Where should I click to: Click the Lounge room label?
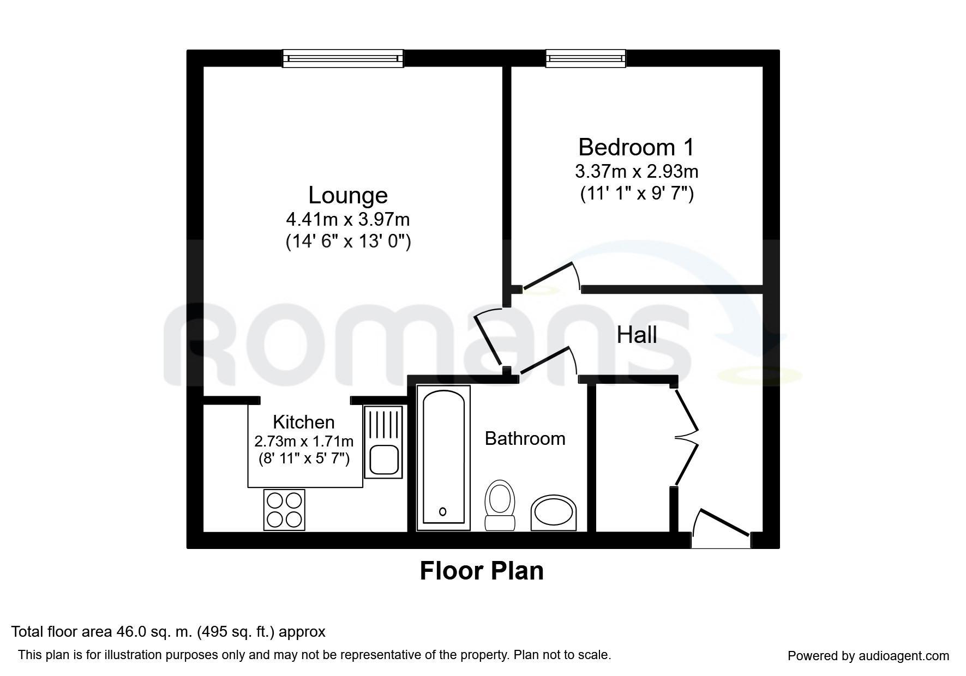(x=348, y=195)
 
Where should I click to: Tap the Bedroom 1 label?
(x=636, y=147)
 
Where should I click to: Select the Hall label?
(x=637, y=335)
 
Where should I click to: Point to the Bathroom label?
(x=525, y=438)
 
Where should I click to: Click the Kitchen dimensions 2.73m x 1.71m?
(x=304, y=441)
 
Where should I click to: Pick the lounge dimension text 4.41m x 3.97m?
(x=348, y=220)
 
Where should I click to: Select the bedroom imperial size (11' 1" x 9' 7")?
(x=637, y=194)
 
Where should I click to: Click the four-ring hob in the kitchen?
(x=284, y=510)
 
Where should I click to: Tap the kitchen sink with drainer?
(x=383, y=442)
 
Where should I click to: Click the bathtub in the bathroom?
(x=443, y=457)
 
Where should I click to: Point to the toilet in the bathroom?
(x=500, y=504)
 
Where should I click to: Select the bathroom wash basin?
(x=554, y=512)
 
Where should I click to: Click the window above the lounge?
(x=343, y=58)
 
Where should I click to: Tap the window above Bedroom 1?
(x=585, y=58)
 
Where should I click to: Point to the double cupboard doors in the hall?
(x=686, y=436)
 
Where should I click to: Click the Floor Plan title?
(x=482, y=571)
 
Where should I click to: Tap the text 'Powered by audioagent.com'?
(x=868, y=656)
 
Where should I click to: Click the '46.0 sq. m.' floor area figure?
(x=154, y=632)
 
